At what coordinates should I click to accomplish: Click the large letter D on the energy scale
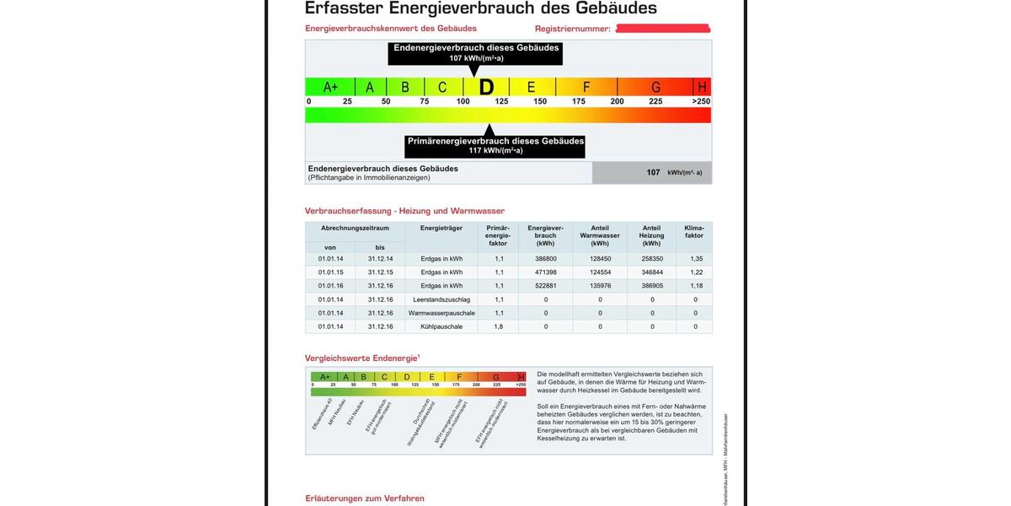click(x=486, y=87)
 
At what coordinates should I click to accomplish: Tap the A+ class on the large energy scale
click(x=330, y=87)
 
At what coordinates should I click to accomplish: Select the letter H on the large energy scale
click(x=702, y=87)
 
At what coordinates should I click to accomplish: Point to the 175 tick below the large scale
click(x=579, y=101)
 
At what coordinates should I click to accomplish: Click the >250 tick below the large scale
click(x=701, y=101)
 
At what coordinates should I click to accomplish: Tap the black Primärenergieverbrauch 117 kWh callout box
click(x=495, y=145)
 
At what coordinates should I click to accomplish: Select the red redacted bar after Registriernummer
click(x=662, y=29)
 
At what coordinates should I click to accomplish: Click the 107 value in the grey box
click(x=653, y=172)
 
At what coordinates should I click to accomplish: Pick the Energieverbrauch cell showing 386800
click(x=545, y=259)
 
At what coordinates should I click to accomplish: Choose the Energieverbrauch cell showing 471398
click(x=545, y=272)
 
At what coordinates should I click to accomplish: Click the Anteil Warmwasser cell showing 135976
click(x=600, y=286)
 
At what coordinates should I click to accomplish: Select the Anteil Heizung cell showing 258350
click(x=652, y=259)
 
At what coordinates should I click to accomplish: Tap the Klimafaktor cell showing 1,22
click(x=695, y=272)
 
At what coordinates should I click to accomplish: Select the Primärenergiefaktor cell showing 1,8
click(x=499, y=326)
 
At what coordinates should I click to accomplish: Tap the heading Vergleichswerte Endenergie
click(x=361, y=358)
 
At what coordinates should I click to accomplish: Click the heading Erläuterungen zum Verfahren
click(x=365, y=498)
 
